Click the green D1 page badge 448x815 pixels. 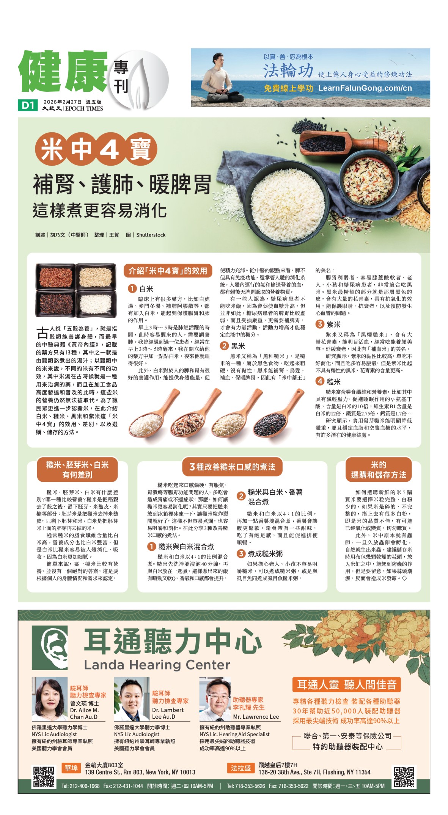pos(28,105)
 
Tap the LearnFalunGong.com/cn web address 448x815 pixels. pos(365,88)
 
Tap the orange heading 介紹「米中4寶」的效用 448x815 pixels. pos(168,271)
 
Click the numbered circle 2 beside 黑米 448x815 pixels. pos(224,345)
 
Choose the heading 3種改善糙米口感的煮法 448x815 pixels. pos(232,467)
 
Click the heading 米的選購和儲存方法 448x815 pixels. pos(378,470)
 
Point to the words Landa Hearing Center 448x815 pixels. pos(157,665)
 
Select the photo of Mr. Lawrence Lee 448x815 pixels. pos(215,699)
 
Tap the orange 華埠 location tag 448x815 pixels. pos(71,768)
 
